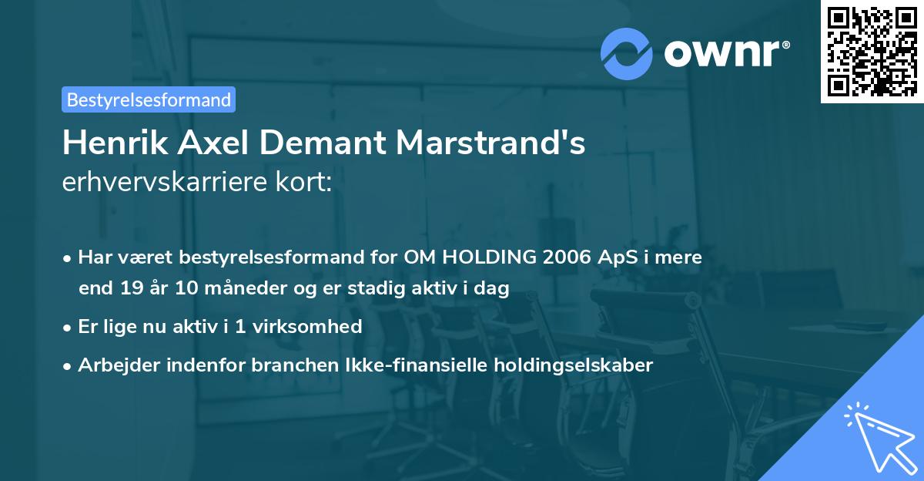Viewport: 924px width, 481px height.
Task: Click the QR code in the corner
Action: click(x=872, y=51)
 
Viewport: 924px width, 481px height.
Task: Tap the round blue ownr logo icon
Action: click(x=627, y=54)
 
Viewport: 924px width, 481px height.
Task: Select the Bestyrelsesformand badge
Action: click(x=149, y=99)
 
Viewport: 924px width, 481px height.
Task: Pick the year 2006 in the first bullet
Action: click(x=567, y=257)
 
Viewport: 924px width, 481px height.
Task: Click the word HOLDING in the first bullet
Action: click(x=484, y=257)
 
